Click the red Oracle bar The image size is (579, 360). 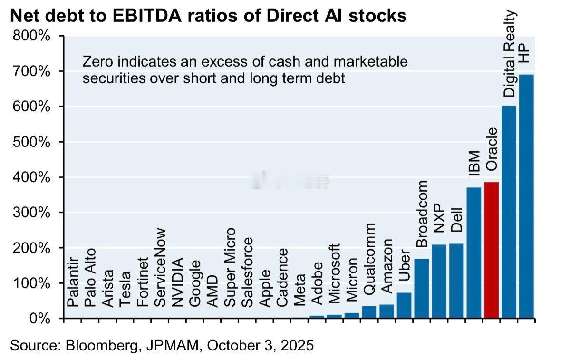click(x=491, y=250)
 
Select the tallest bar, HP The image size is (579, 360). click(x=526, y=196)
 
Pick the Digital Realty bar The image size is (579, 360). click(x=509, y=212)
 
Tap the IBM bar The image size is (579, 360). click(x=474, y=252)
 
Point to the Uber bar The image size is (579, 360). click(x=404, y=305)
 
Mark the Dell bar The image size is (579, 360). click(x=456, y=281)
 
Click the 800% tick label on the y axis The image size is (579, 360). click(x=35, y=36)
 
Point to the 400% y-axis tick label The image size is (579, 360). click(x=35, y=177)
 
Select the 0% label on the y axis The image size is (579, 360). click(x=41, y=318)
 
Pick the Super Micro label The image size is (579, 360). click(x=230, y=267)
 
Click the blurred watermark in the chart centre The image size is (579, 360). click(x=290, y=180)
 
